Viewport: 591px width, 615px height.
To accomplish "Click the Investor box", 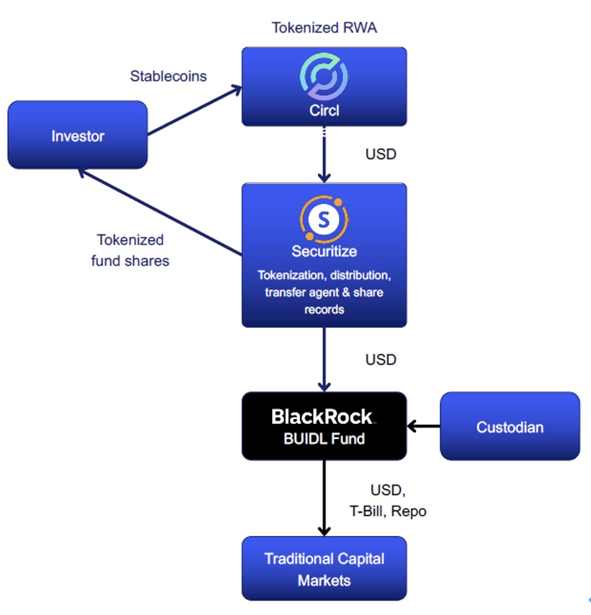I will pos(77,135).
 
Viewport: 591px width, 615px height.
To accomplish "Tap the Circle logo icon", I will pos(324,77).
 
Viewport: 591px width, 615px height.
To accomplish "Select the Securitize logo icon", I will pos(324,219).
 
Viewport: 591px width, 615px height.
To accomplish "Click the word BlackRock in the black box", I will pos(322,416).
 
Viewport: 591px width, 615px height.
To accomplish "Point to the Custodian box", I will pos(509,427).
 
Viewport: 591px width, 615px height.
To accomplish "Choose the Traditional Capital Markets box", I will pos(324,569).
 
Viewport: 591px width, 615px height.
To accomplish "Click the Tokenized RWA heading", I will pos(324,28).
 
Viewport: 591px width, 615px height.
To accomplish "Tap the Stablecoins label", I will pos(168,76).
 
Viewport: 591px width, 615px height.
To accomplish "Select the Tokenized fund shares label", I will pos(130,250).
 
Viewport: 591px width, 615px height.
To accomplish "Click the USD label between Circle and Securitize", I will pos(380,154).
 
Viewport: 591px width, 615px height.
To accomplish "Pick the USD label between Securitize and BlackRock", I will pos(380,359).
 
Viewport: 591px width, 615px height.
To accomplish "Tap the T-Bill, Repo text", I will pos(388,511).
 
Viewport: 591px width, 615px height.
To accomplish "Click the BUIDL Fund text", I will pos(324,438).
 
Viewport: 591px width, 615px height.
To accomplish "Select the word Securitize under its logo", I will pos(324,251).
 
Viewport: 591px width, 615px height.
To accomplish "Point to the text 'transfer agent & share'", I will pos(324,292).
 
